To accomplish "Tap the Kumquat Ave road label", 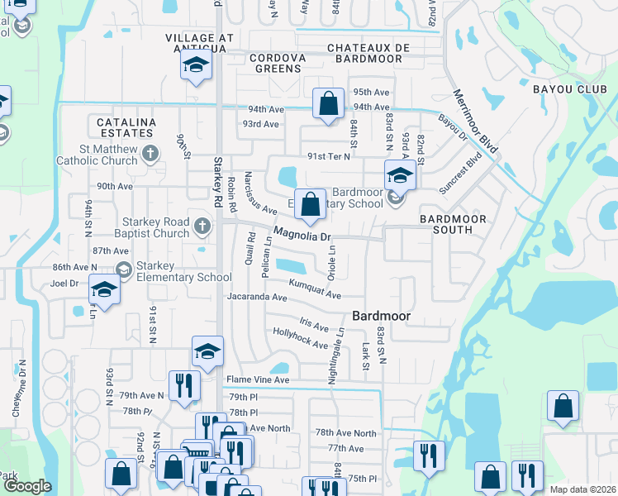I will [x=314, y=289].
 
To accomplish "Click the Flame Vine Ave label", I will [x=258, y=380].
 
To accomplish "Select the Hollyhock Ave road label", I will [x=300, y=338].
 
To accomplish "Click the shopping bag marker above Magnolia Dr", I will [x=310, y=204].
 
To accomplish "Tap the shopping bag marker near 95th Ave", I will [x=328, y=104].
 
